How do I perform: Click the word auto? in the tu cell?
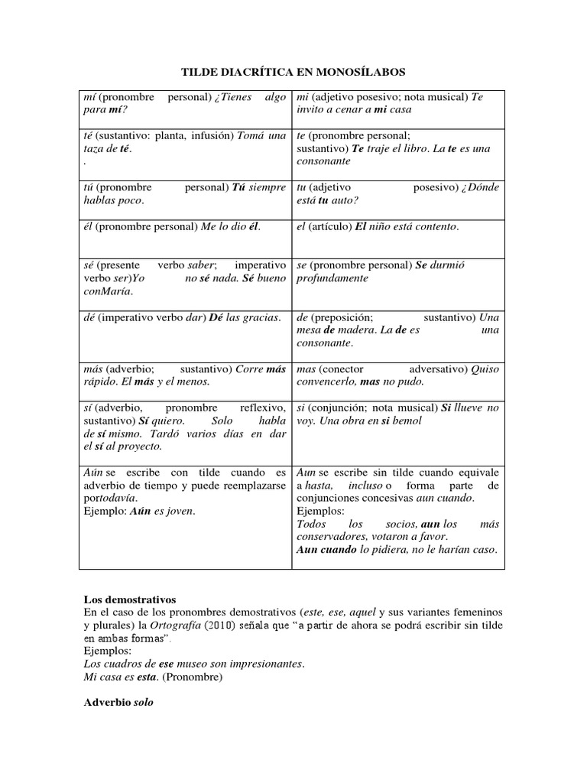coord(345,200)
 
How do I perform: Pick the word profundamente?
coord(332,278)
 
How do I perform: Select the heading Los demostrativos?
coord(128,599)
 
